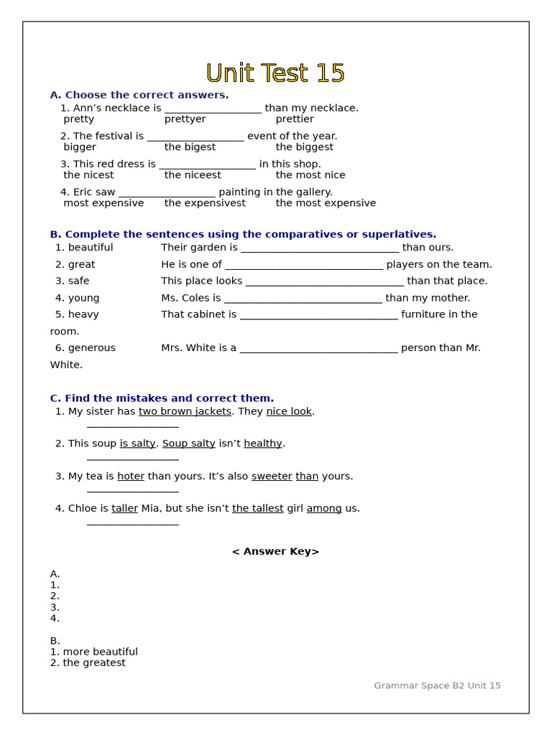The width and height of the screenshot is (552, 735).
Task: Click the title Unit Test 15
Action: point(275,73)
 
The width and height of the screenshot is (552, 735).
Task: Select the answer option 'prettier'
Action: point(295,119)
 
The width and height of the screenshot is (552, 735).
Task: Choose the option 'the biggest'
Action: point(304,147)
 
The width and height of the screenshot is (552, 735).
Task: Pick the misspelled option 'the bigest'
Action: point(190,147)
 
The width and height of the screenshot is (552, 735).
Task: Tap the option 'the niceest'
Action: point(193,175)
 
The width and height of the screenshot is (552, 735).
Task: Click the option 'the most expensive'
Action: point(326,203)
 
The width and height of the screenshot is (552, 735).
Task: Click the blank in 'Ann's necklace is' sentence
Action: point(213,109)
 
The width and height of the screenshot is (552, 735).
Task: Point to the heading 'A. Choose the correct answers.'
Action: point(139,95)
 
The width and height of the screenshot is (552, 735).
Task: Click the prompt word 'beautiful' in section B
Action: point(91,248)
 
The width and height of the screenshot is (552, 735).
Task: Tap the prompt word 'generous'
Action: point(91,348)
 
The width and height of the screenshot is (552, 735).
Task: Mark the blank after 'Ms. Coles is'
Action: point(303,299)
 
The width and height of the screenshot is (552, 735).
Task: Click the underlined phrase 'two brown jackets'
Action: point(185,411)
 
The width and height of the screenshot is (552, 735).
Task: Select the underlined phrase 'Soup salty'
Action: point(188,444)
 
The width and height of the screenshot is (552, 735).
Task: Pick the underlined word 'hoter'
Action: point(131,477)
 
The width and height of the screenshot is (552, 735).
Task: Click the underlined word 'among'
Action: point(324,509)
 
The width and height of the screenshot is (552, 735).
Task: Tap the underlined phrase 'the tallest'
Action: point(257,509)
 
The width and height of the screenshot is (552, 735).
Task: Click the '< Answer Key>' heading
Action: point(275,551)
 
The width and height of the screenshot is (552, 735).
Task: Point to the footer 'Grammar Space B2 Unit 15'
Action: point(437,685)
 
